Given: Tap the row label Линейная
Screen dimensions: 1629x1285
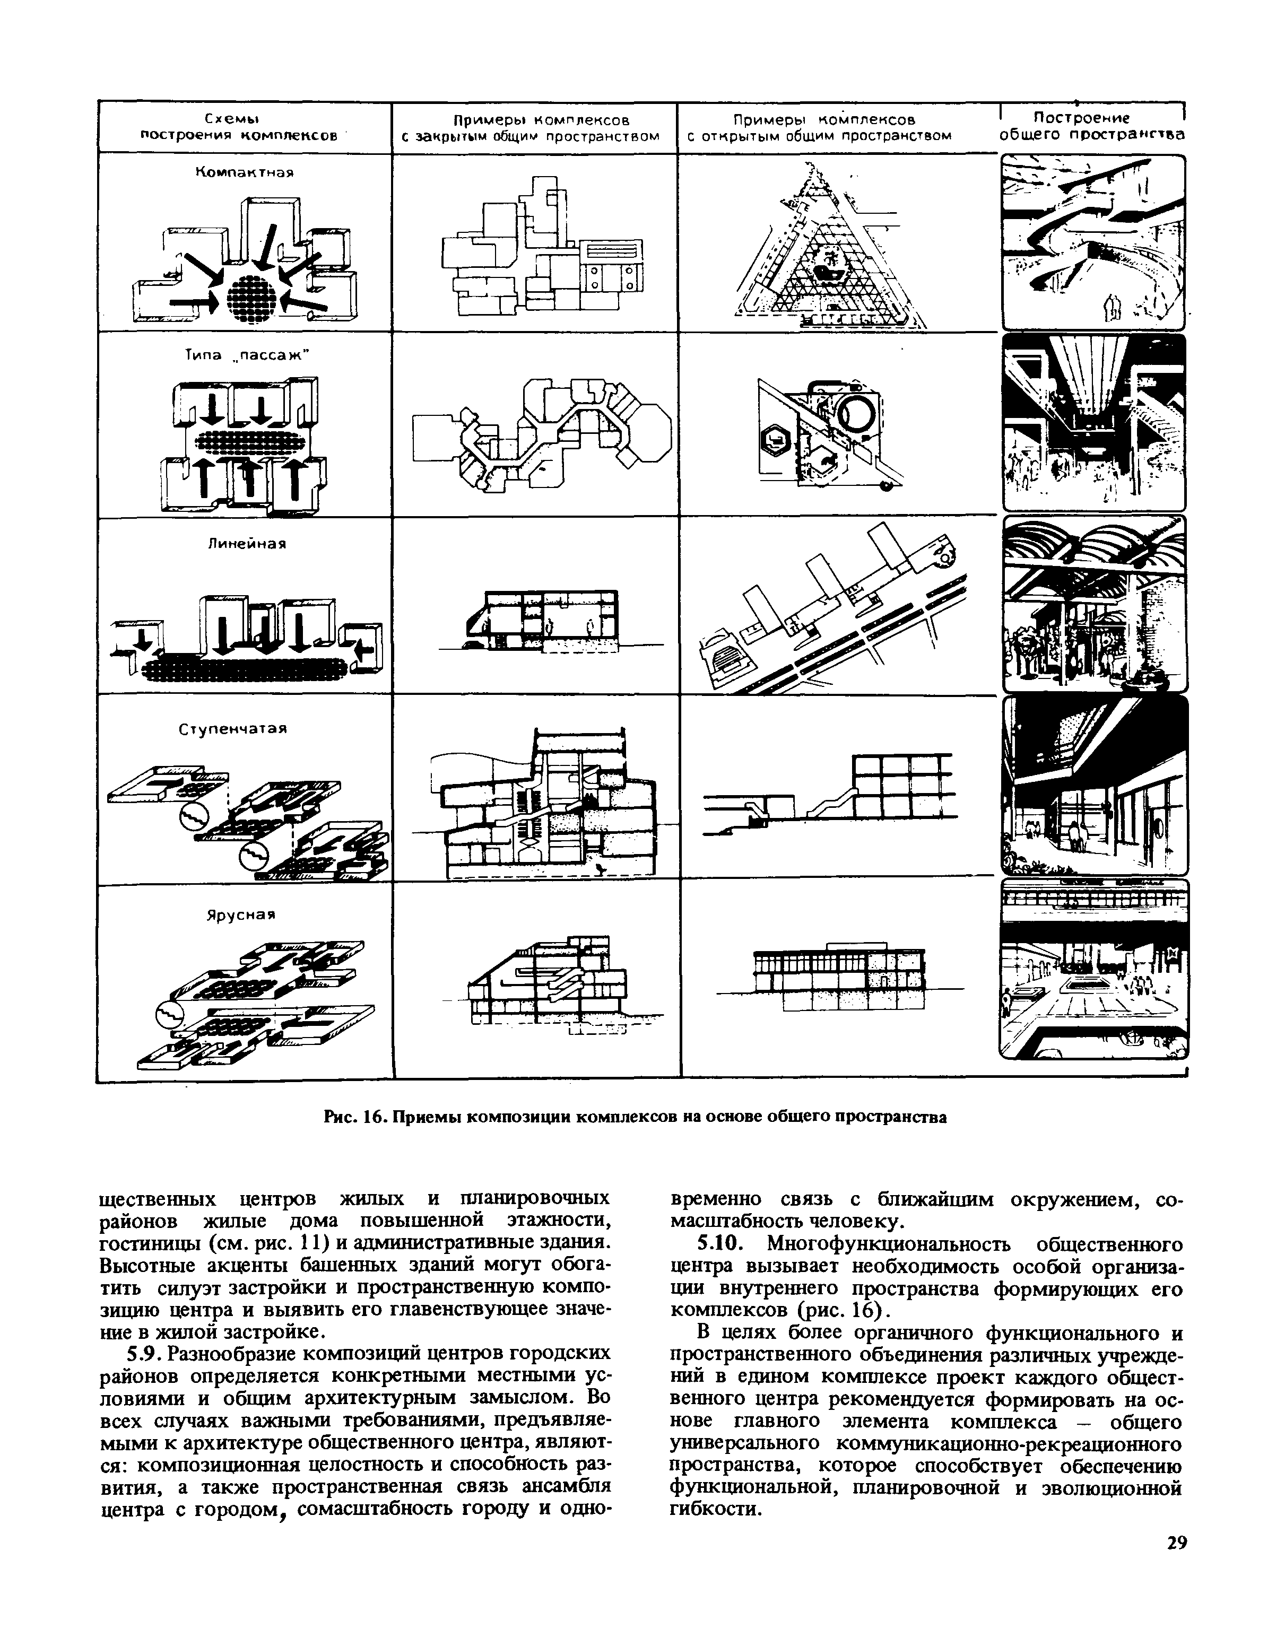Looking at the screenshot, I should pos(248,543).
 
